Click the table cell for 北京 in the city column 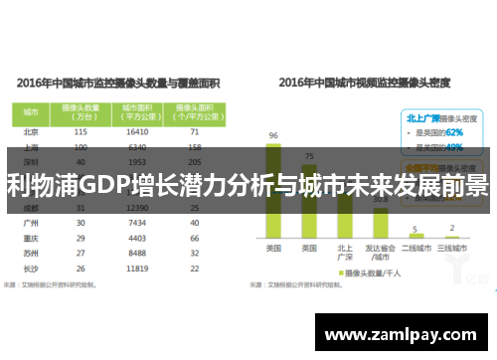pos(30,131)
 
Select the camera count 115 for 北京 pos(82,131)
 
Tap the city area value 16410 pos(139,131)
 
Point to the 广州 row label pos(30,224)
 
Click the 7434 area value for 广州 pos(139,224)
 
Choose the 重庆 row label pos(30,239)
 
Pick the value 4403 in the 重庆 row pos(139,239)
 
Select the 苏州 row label pos(30,254)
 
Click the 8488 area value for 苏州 pos(139,254)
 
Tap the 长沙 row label pos(30,269)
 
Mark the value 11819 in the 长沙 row pos(139,269)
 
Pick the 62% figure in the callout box pos(453,131)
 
